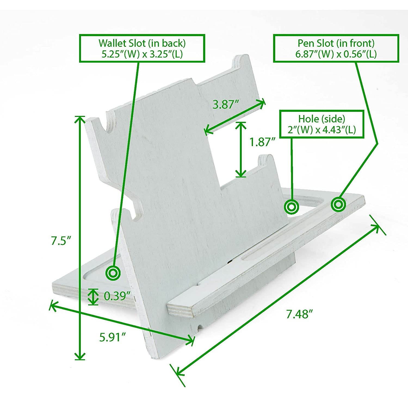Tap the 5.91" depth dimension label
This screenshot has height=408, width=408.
(112, 337)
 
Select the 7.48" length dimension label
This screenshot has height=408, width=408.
(298, 314)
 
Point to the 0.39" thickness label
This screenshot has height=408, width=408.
(116, 296)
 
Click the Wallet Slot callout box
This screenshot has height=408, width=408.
(142, 48)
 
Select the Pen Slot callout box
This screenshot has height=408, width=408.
(336, 48)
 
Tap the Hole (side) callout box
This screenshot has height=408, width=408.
(322, 124)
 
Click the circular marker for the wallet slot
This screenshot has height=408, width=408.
(113, 273)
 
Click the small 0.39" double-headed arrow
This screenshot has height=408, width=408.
(93, 296)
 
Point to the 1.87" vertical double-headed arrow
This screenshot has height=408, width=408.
(240, 149)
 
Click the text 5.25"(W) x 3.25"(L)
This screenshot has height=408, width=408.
(142, 54)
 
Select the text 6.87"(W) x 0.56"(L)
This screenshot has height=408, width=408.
(336, 54)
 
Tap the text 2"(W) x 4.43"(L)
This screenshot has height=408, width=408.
(322, 130)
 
